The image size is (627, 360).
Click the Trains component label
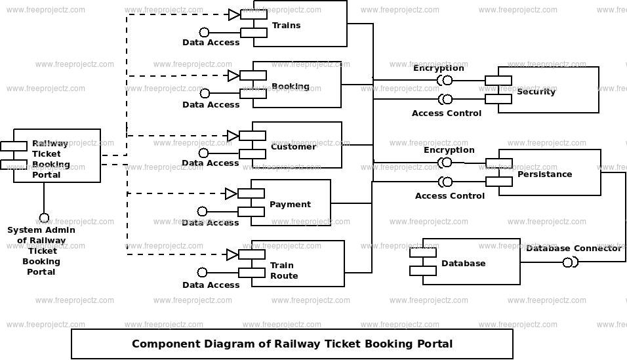point(287,25)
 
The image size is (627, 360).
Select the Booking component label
point(291,87)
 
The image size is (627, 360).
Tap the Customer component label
point(293,146)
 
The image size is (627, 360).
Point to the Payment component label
point(290,205)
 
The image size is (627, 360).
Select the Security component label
point(536,92)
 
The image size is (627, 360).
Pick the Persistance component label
point(544,174)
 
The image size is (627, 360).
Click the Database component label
point(464,263)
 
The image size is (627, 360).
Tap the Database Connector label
point(574,249)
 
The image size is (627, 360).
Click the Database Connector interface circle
point(567,262)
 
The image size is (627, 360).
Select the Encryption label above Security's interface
point(438,68)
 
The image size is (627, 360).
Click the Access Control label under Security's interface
point(447,113)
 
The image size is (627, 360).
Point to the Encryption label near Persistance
point(449,150)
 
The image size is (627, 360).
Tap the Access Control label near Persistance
point(450,195)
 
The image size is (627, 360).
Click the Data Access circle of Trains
point(205,32)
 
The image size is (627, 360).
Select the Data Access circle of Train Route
point(203,272)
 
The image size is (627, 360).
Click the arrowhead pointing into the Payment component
point(231,193)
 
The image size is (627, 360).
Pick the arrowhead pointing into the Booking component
point(233,75)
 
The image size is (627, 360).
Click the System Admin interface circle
point(44,218)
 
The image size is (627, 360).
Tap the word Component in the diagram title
point(166,344)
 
